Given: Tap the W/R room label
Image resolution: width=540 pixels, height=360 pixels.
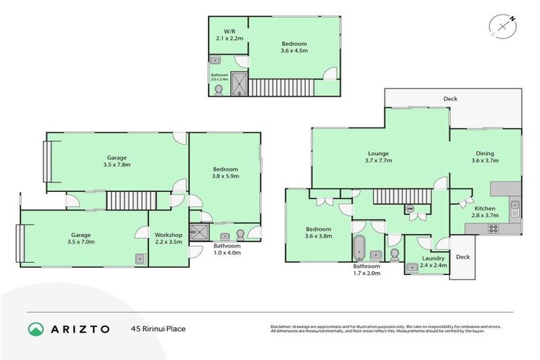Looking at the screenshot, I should point(229,35).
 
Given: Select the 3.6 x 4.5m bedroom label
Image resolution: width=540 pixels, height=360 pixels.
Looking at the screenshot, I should point(294,47).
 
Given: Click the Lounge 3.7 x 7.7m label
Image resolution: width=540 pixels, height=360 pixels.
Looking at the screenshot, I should point(378,157).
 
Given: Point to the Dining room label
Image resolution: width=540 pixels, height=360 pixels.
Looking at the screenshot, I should point(484,157).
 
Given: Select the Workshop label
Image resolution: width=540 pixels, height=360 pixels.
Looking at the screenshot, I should point(169,238).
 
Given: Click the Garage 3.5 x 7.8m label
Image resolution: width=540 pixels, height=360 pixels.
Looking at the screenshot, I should point(117,161).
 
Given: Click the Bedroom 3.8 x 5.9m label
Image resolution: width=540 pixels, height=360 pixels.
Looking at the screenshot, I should point(226,173).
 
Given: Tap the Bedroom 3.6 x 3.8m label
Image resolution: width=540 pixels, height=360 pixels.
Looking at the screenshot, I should point(318,233).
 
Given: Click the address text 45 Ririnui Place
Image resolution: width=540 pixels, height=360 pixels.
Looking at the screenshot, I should point(158,328).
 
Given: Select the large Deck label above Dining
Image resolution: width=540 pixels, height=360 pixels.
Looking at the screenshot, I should point(450,99).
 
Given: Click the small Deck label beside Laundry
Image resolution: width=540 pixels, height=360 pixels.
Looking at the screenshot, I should point(462,257).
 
